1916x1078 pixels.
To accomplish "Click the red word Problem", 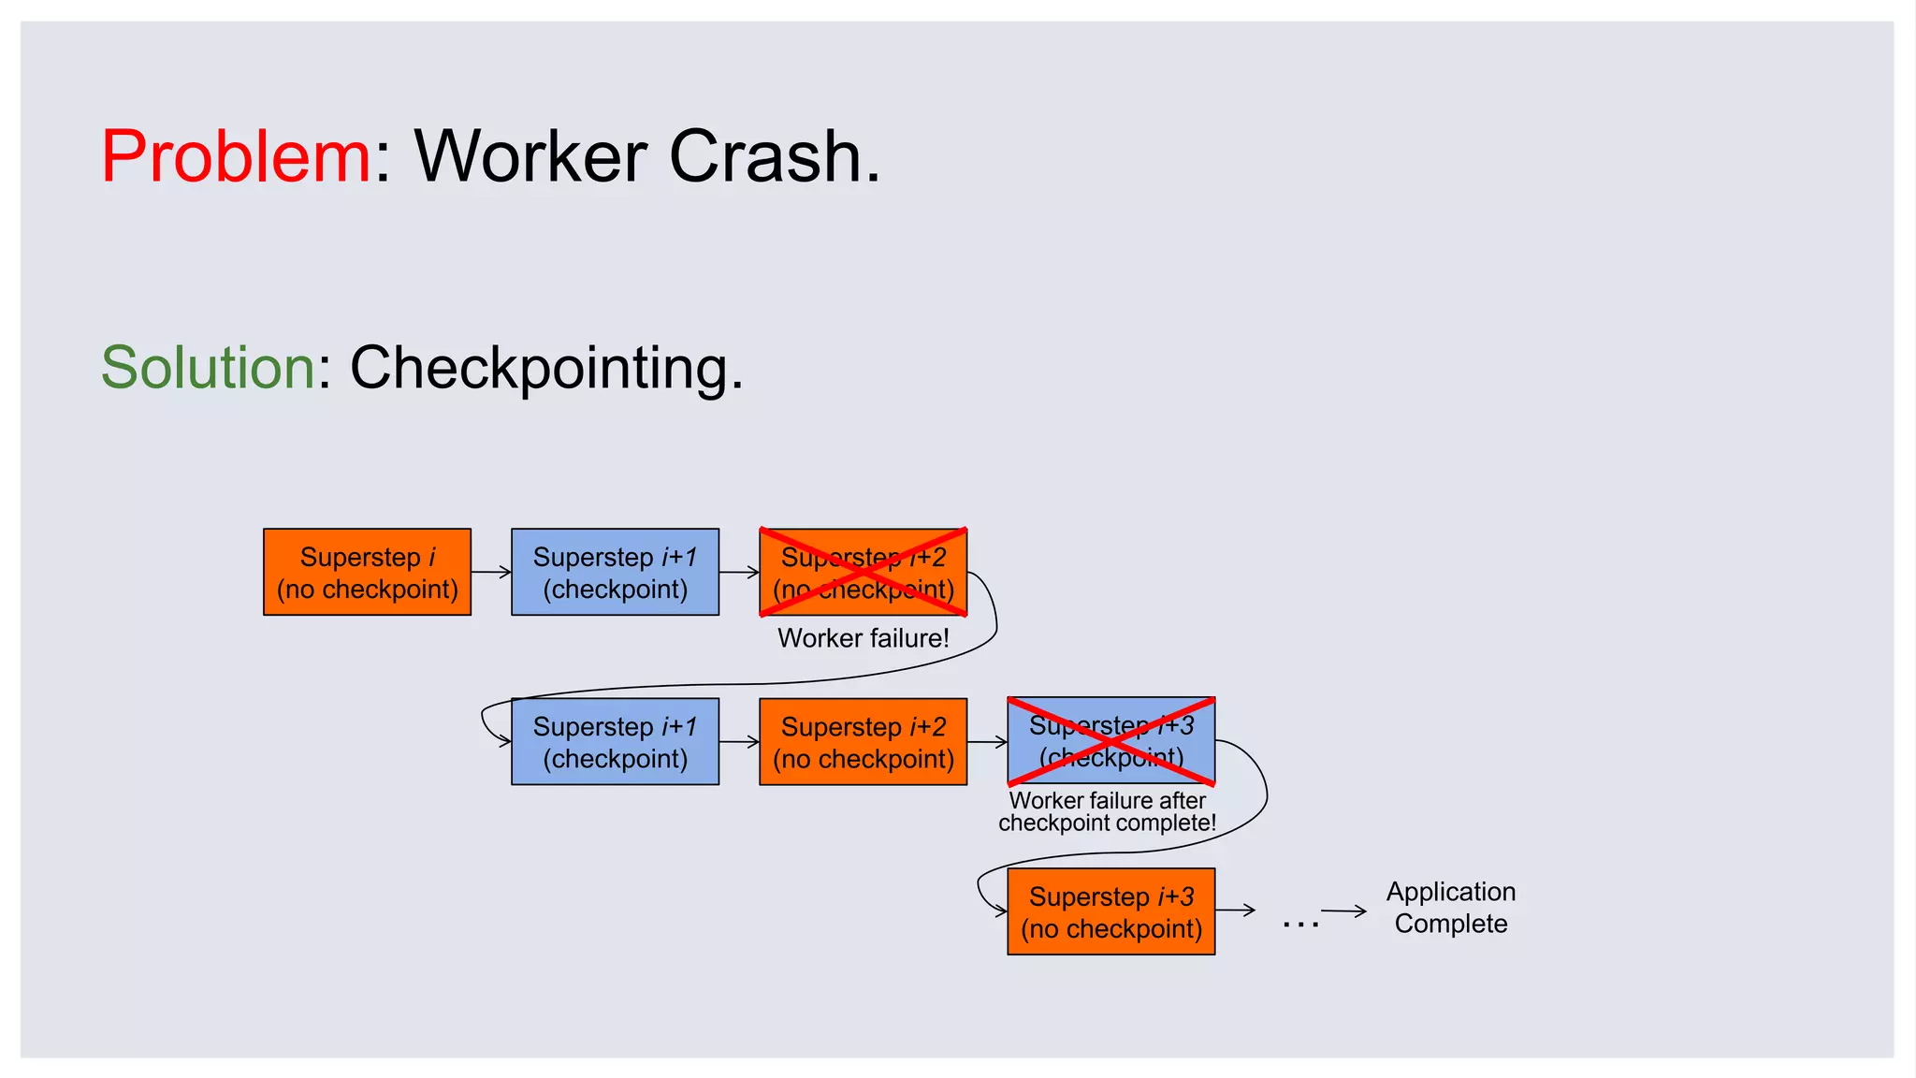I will tap(236, 156).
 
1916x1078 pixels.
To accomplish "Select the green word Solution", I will tap(208, 368).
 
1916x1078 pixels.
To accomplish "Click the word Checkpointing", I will tap(545, 368).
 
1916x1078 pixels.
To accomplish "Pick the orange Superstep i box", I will tap(367, 572).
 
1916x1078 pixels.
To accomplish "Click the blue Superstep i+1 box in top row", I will tap(615, 572).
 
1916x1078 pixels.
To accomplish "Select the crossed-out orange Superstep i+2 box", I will tap(863, 572).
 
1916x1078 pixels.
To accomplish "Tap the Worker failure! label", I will tap(863, 638).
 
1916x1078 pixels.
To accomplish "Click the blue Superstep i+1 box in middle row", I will tap(615, 741).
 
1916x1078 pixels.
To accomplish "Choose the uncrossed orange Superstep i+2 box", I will tap(863, 741).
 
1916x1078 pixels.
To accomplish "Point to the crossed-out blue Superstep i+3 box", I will tap(1110, 741).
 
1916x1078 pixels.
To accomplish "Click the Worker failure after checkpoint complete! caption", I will tap(1107, 811).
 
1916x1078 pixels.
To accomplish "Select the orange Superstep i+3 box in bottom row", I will tap(1110, 911).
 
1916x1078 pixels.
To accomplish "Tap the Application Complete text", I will tap(1450, 907).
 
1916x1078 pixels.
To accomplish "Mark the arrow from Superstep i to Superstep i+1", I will tap(491, 572).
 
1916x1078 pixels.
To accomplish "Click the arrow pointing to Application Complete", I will tap(1343, 910).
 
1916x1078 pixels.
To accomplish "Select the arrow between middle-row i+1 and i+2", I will tap(739, 742).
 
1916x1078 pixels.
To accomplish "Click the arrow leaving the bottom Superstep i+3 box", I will tap(1235, 910).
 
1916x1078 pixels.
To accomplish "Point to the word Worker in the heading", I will tap(530, 156).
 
